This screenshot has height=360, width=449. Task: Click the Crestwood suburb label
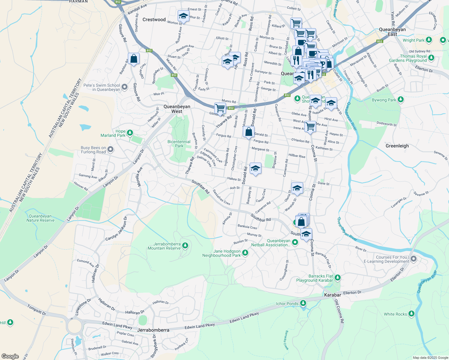click(x=154, y=19)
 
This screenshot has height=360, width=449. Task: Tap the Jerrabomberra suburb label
click(x=153, y=330)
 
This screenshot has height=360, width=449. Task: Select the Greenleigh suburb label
click(x=397, y=146)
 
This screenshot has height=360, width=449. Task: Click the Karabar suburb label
click(x=333, y=295)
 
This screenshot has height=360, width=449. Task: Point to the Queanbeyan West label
click(x=177, y=109)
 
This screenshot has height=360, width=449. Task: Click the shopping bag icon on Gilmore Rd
click(x=134, y=58)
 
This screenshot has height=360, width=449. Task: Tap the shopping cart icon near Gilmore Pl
click(x=220, y=108)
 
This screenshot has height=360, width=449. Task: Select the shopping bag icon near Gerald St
click(x=249, y=132)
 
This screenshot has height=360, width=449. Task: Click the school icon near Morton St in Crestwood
click(x=183, y=16)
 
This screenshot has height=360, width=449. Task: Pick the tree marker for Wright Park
click(x=429, y=40)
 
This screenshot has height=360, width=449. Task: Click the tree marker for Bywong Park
click(x=400, y=100)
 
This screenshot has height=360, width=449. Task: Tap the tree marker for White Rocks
click(x=411, y=314)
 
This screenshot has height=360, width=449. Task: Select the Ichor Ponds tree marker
click(x=303, y=304)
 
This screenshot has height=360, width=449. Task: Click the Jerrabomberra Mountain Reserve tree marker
click(x=185, y=246)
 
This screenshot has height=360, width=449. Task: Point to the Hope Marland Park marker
click(x=130, y=133)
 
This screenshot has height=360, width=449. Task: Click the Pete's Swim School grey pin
click(x=125, y=87)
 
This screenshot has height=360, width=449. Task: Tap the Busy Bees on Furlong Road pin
click(x=110, y=149)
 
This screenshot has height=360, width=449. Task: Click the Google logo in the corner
click(x=10, y=356)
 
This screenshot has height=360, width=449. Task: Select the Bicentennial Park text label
click(x=179, y=144)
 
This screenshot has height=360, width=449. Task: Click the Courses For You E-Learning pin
click(x=414, y=259)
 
